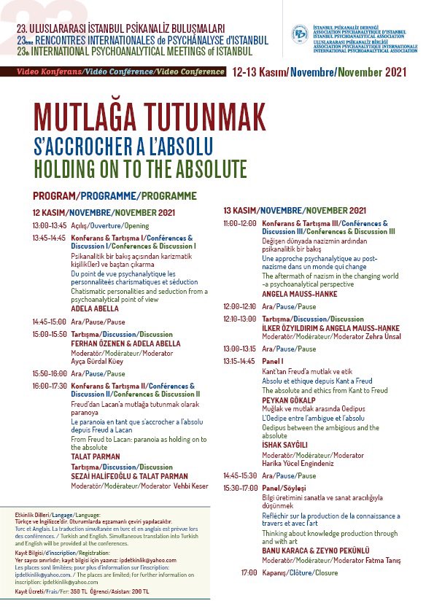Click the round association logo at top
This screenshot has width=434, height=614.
299,34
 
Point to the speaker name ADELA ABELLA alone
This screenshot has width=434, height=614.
95,308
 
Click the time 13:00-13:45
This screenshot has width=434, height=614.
49,226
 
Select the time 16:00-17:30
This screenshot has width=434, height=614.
49,385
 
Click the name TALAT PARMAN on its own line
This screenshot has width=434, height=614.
95,456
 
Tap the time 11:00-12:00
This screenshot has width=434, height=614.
240,223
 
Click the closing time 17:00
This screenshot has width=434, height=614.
249,572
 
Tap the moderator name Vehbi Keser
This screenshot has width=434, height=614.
190,486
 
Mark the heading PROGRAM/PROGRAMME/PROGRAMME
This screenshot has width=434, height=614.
115,195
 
